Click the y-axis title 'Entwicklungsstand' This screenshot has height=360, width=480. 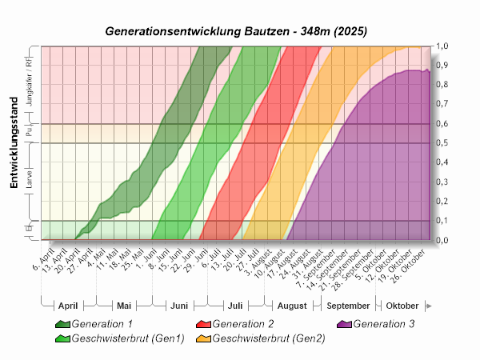point(14,150)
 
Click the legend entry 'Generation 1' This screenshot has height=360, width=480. point(102,325)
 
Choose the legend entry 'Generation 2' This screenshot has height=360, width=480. point(235,325)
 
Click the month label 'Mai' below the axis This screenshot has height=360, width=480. point(124,306)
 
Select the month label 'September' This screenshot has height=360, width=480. point(348,306)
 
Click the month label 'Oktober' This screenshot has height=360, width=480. point(402,306)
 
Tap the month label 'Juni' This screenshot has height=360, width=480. point(179,306)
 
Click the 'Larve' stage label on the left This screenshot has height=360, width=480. point(30,182)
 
